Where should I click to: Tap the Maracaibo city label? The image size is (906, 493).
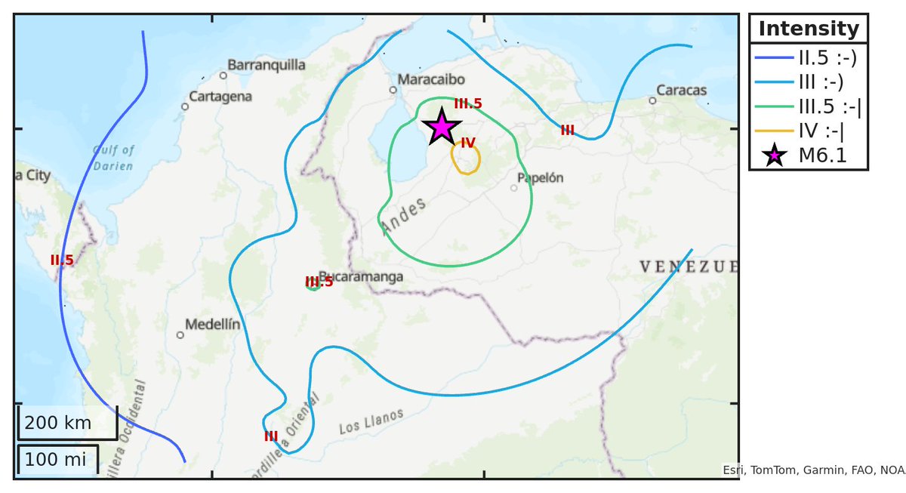[431, 79]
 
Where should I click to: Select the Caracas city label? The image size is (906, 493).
[681, 91]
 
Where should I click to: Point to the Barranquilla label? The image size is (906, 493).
[267, 65]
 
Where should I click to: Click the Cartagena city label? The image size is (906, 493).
[220, 97]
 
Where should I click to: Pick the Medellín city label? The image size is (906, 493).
[212, 325]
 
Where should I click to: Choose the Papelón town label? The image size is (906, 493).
[541, 178]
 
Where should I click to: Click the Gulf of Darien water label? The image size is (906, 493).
[113, 158]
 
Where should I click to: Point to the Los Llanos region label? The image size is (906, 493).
[371, 421]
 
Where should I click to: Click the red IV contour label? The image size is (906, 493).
[468, 143]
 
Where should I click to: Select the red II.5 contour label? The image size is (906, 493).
[62, 260]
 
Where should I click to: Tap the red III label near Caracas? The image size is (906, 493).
[567, 130]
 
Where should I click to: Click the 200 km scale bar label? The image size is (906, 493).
[57, 423]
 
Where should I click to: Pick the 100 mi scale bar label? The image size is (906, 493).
[54, 458]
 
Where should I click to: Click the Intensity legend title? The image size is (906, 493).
[809, 29]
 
